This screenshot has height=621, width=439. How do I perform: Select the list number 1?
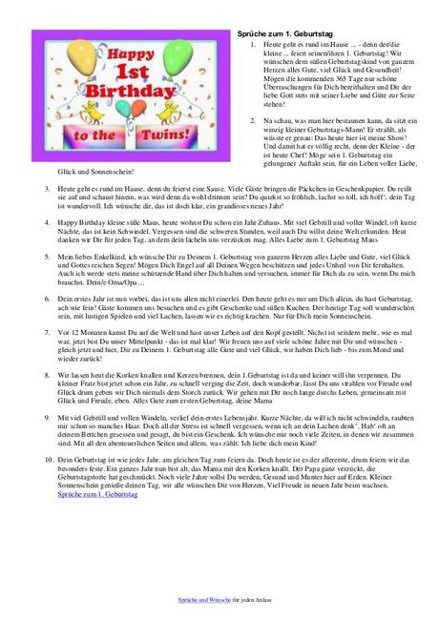point(253,44)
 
